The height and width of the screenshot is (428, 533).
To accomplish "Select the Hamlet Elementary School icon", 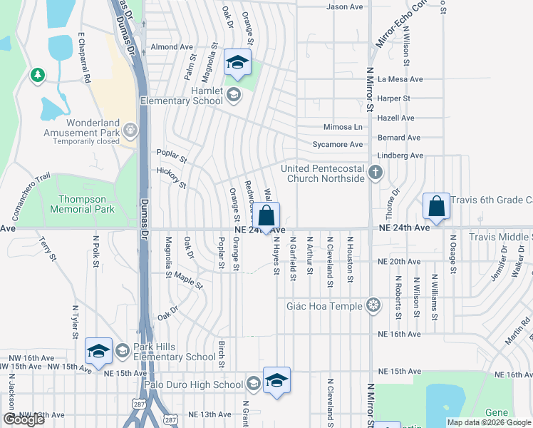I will [233, 94].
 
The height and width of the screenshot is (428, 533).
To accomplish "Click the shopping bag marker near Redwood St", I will [266, 215].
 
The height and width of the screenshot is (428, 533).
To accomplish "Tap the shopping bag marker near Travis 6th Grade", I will [436, 206].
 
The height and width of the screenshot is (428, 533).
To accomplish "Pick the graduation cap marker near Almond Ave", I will [237, 62].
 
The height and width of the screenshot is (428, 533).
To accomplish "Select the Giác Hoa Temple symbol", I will [373, 306].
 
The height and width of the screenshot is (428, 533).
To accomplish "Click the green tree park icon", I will [37, 75].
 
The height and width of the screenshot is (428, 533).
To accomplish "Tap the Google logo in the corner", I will [23, 419].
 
